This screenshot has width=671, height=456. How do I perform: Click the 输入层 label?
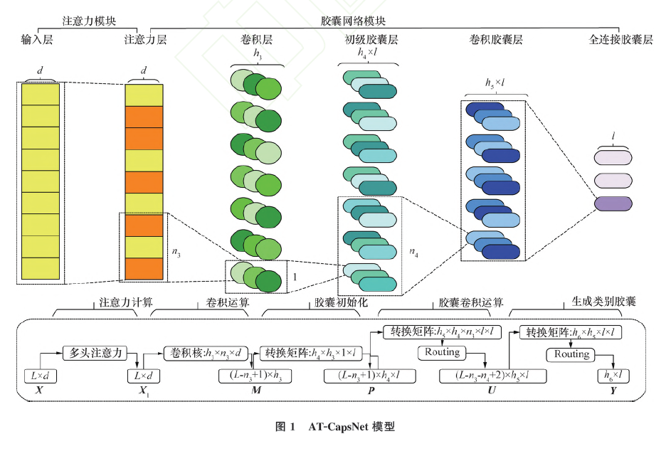pos(37,40)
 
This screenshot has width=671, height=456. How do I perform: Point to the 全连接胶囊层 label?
pos(620,40)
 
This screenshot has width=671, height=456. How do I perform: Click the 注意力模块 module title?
pos(90,22)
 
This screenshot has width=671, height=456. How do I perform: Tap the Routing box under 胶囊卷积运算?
pos(442,352)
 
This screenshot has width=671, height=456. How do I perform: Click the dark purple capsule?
pos(613,203)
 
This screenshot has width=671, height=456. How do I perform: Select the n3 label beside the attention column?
pos(176,250)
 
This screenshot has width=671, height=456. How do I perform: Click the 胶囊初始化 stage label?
pos(341,302)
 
